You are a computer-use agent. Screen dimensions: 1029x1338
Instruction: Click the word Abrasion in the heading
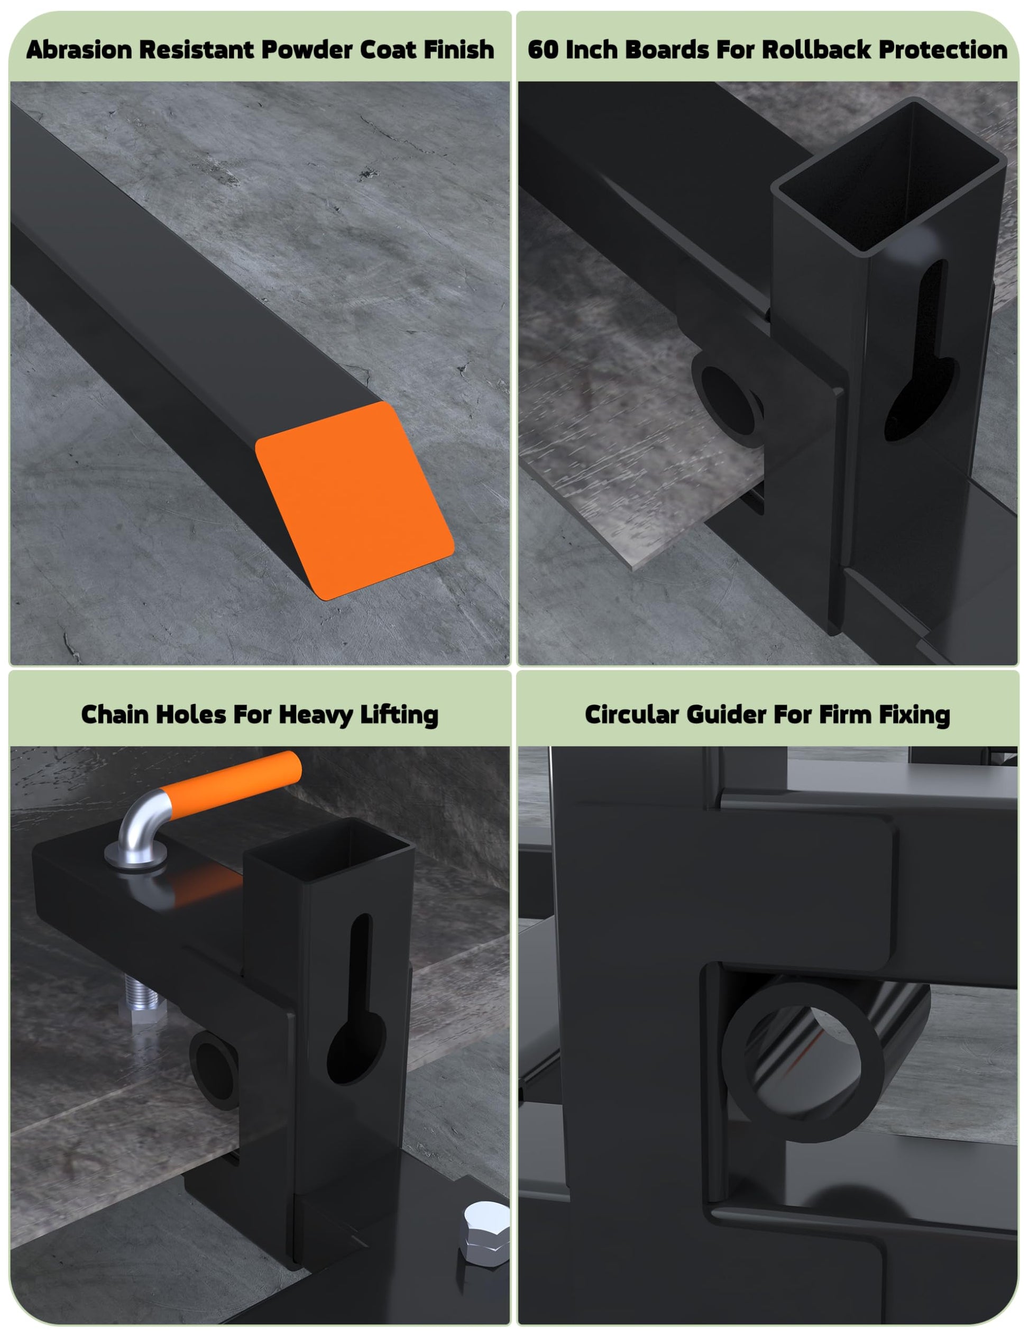(79, 50)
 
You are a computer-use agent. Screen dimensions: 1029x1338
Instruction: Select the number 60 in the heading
(541, 50)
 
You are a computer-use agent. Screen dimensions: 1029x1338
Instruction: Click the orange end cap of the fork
(355, 500)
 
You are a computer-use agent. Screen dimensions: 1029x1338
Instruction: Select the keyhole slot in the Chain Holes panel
(357, 999)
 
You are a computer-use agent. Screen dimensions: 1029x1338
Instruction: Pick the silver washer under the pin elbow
(135, 853)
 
